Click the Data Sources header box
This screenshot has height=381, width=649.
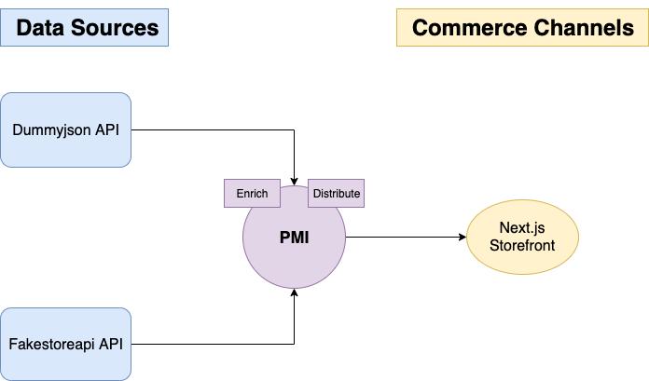85,27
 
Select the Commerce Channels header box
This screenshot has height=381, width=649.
522,27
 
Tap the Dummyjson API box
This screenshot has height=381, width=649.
65,129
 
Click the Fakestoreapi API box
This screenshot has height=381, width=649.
65,344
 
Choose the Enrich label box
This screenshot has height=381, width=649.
252,194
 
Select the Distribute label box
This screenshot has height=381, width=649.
336,194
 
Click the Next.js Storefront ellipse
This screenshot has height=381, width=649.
522,238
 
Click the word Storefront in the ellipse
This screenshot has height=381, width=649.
522,246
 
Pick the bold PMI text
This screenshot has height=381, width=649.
294,238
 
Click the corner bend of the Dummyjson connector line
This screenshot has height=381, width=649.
295,129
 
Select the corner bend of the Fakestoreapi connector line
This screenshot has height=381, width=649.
295,344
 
